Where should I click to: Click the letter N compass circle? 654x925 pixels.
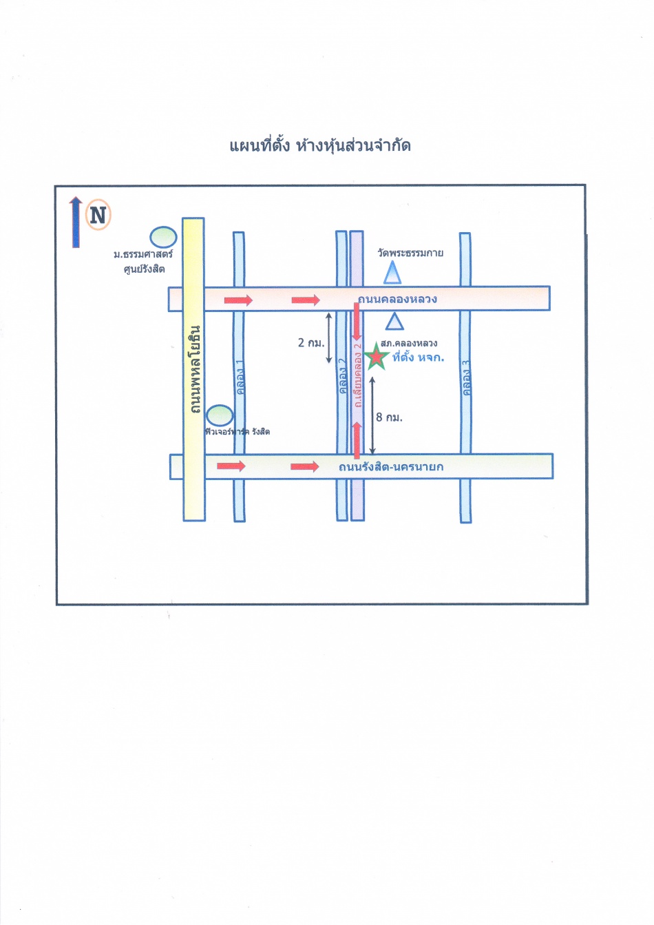pyautogui.click(x=98, y=216)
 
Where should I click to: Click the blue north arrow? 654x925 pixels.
pyautogui.click(x=76, y=222)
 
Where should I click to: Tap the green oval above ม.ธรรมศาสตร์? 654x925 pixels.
pyautogui.click(x=164, y=237)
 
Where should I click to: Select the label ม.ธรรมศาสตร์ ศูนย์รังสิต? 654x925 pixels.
pyautogui.click(x=143, y=262)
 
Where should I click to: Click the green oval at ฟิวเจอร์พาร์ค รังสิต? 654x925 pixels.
pyautogui.click(x=220, y=415)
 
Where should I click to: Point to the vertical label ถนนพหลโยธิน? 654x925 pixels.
pyautogui.click(x=195, y=370)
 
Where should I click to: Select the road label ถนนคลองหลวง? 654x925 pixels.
pyautogui.click(x=397, y=299)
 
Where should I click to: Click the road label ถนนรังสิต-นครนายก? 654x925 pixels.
pyautogui.click(x=391, y=467)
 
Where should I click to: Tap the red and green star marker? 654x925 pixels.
pyautogui.click(x=376, y=356)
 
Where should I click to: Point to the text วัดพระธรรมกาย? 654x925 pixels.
pyautogui.click(x=410, y=253)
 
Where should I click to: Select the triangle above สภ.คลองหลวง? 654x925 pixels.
pyautogui.click(x=394, y=322)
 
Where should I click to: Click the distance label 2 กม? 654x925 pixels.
pyautogui.click(x=311, y=342)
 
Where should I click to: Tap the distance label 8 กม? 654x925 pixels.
pyautogui.click(x=389, y=417)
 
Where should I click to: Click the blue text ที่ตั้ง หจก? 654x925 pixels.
pyautogui.click(x=418, y=357)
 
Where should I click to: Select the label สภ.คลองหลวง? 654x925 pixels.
pyautogui.click(x=409, y=343)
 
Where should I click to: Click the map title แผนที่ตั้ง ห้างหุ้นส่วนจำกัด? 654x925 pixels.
pyautogui.click(x=320, y=145)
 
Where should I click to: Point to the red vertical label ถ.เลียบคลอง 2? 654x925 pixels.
pyautogui.click(x=357, y=375)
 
